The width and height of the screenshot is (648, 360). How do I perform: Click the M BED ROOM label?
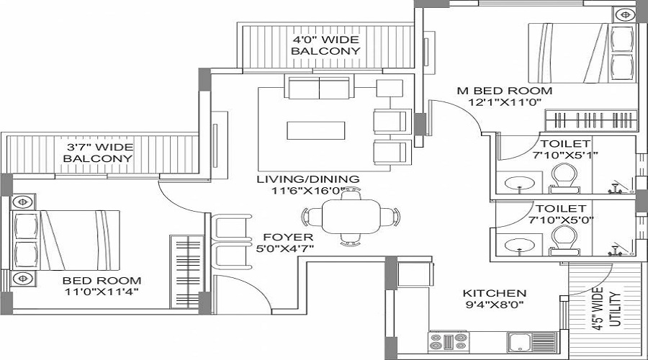coord(505,91)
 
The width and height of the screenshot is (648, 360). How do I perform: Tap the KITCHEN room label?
coord(494,294)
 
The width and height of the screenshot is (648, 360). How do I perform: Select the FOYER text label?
coord(287,237)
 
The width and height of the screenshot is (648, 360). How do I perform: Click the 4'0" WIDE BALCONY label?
coord(325,45)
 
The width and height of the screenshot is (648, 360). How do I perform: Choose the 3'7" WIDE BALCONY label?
coord(98,152)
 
